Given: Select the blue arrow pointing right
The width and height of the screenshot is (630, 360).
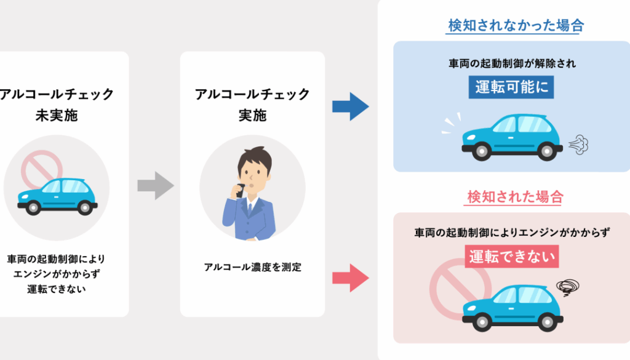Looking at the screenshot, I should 350,106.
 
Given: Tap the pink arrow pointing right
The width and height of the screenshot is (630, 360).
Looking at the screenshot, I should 350,278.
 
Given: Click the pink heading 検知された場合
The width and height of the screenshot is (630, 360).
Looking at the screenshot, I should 515,198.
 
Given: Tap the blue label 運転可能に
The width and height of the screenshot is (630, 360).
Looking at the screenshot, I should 511,87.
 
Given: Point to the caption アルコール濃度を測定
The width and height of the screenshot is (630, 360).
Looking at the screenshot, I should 253,267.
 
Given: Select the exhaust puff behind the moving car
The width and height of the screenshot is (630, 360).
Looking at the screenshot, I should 578,144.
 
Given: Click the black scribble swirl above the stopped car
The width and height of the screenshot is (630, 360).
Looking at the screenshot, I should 567,286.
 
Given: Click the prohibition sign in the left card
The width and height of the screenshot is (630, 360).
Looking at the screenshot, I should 42,172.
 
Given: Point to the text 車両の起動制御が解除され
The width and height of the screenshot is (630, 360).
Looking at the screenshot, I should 512,63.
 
